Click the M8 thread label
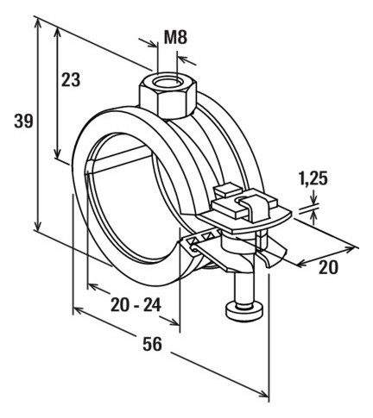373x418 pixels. [x=175, y=37]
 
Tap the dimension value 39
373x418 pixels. [x=24, y=121]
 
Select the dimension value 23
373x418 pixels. [x=71, y=79]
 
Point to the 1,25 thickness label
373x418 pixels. [x=313, y=178]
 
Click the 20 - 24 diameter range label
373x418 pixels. [x=136, y=305]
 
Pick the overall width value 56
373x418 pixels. [x=152, y=344]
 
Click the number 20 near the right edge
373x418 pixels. [x=328, y=267]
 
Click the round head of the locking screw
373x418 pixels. [x=244, y=311]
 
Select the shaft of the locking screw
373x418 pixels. [x=244, y=284]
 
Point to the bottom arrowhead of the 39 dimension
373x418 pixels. [x=38, y=225]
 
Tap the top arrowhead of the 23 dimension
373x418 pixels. [x=58, y=33]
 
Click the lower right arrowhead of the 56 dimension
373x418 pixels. [x=263, y=393]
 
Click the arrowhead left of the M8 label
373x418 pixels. [x=153, y=43]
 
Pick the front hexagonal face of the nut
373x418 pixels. [x=174, y=104]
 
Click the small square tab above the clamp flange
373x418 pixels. [x=227, y=190]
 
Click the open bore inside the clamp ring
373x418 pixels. [x=128, y=207]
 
